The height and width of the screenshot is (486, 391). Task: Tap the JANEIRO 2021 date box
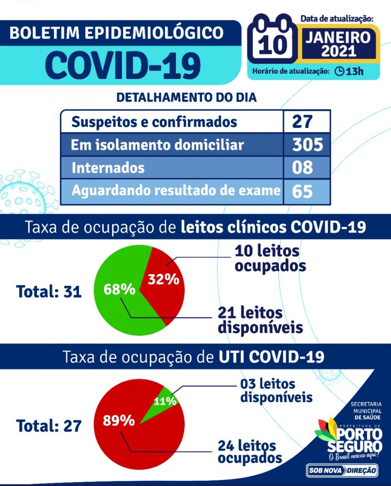pyautogui.click(x=338, y=43)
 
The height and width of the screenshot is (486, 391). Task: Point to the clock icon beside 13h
pyautogui.click(x=340, y=72)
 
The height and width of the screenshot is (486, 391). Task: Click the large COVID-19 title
pyautogui.click(x=123, y=64)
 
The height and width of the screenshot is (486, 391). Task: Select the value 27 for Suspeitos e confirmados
pyautogui.click(x=303, y=121)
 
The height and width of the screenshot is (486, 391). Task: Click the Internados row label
pyautogui.click(x=108, y=168)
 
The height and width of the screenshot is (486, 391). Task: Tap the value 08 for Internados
pyautogui.click(x=303, y=168)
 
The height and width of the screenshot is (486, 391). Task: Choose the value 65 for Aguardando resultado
pyautogui.click(x=303, y=191)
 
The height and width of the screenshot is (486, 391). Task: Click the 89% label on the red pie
pyautogui.click(x=119, y=420)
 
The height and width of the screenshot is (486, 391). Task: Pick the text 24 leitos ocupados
pyautogui.click(x=250, y=452)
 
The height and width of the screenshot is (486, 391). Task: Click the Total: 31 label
pyautogui.click(x=49, y=291)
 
